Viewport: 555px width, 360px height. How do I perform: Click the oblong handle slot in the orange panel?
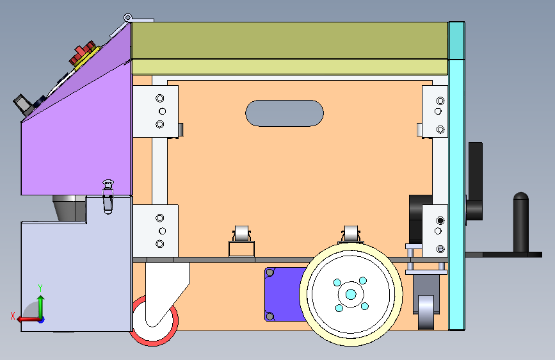(284, 113)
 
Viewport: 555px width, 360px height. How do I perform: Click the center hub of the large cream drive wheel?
(351, 294)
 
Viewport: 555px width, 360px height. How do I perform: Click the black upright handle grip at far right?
(520, 222)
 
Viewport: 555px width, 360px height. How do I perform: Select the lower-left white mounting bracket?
(156, 231)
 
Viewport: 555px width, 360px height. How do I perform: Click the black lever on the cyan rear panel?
(474, 182)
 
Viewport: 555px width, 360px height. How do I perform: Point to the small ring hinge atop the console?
(128, 17)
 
